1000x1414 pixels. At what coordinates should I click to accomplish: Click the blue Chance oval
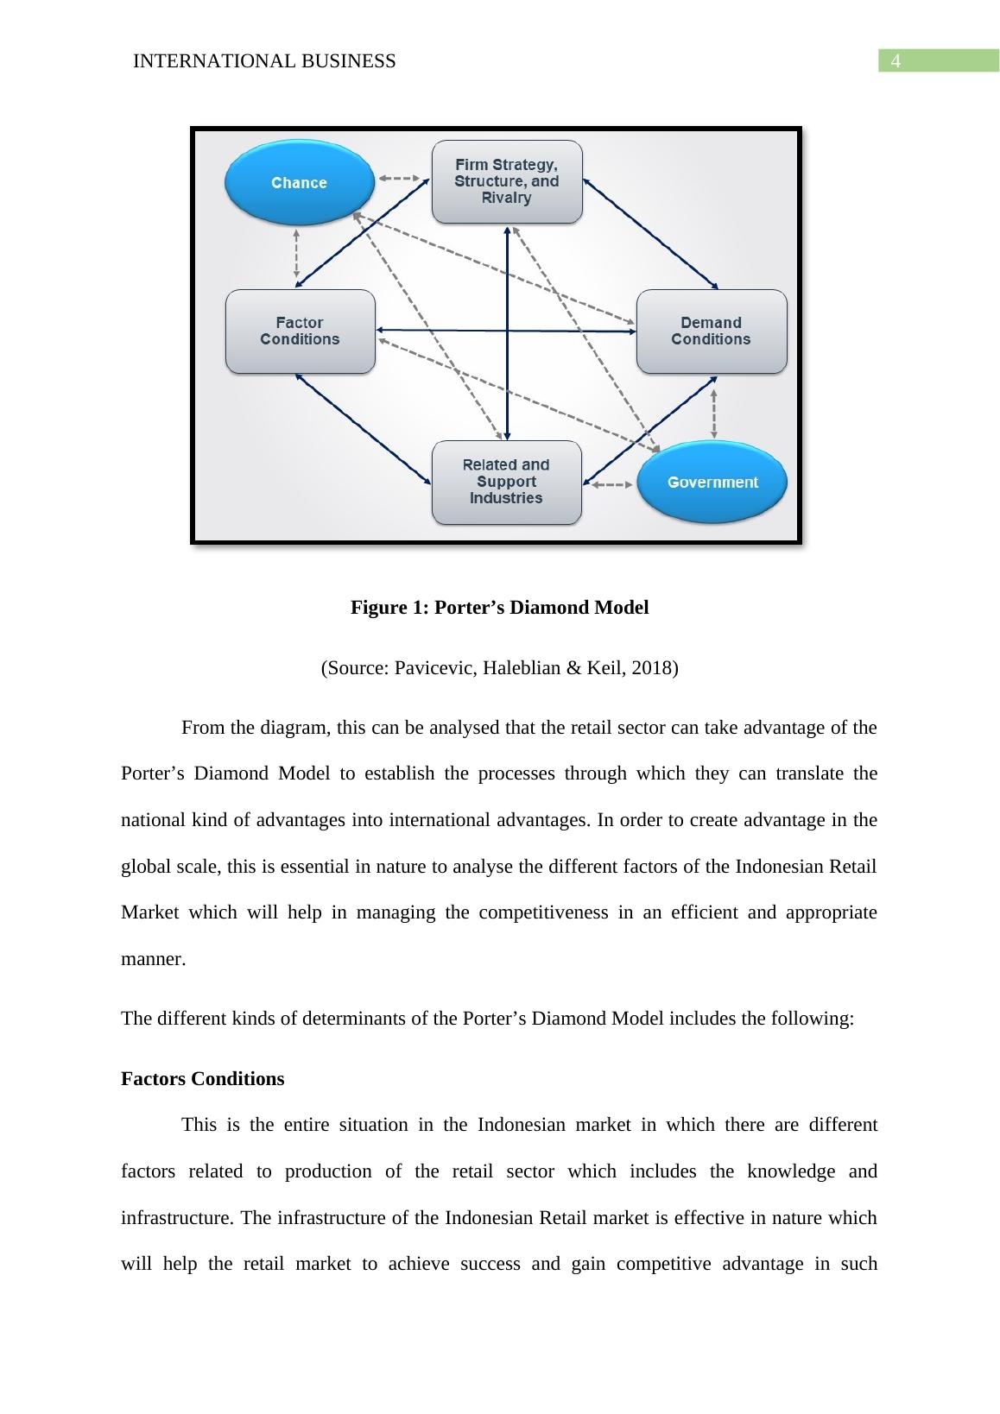click(x=299, y=183)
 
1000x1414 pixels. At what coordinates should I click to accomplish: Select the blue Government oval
click(x=712, y=482)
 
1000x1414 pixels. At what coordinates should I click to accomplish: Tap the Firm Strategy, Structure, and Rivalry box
click(x=507, y=181)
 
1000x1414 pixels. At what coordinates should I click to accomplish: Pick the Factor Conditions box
click(x=300, y=331)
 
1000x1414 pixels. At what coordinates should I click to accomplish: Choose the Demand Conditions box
click(x=712, y=331)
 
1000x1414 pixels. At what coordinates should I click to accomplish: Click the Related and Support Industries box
click(x=506, y=482)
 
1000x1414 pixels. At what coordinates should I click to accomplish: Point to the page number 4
click(x=896, y=61)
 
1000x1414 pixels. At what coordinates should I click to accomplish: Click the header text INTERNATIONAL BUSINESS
click(x=264, y=61)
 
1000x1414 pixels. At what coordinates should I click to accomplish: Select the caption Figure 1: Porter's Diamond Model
click(x=499, y=608)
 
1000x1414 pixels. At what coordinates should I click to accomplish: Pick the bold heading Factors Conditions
click(x=202, y=1079)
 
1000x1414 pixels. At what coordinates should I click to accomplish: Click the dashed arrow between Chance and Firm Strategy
click(x=400, y=179)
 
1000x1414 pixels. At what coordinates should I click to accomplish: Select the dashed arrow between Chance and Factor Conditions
click(x=297, y=253)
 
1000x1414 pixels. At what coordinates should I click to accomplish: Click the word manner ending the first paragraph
click(x=151, y=959)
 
